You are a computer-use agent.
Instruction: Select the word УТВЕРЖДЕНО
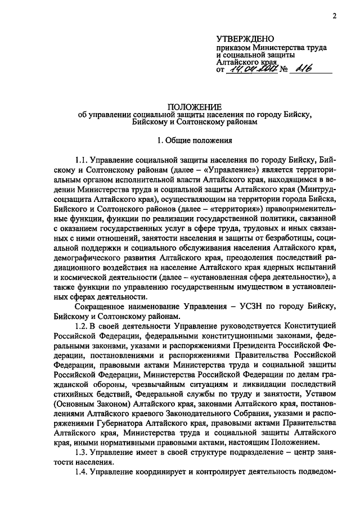click(245, 39)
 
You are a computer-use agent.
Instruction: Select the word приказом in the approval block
click(235, 48)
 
